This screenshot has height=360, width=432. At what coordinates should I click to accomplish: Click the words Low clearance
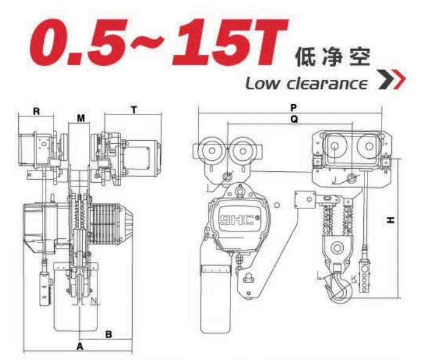(308, 82)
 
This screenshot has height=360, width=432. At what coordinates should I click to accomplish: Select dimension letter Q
(293, 121)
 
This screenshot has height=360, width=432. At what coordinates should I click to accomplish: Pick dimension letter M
(80, 117)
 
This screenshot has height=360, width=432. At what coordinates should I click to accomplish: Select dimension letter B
(108, 334)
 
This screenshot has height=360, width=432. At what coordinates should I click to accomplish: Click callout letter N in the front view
(93, 300)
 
